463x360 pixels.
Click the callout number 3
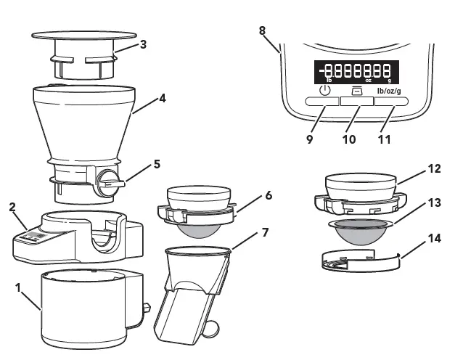pyautogui.click(x=144, y=44)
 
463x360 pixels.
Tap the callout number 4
pyautogui.click(x=163, y=98)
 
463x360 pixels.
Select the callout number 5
pyautogui.click(x=157, y=165)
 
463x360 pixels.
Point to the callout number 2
pyautogui.click(x=12, y=207)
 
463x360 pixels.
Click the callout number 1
pyautogui.click(x=18, y=287)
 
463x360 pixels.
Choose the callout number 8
pyautogui.click(x=262, y=30)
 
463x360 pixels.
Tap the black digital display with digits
pyautogui.click(x=356, y=72)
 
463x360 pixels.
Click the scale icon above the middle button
pyautogui.click(x=356, y=91)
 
